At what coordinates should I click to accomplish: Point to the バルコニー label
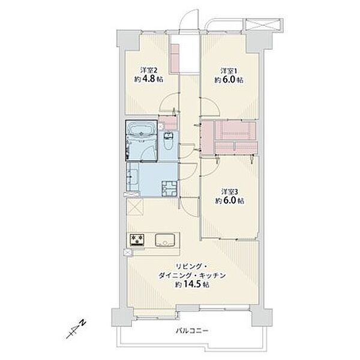192,331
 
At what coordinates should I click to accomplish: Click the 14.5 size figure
192,284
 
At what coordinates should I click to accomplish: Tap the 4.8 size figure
149,79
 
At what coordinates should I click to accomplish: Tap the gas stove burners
137,240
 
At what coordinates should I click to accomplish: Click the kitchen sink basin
164,240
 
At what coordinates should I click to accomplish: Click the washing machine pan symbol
169,188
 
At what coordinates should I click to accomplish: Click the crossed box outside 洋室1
263,25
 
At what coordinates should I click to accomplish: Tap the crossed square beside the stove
127,253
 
